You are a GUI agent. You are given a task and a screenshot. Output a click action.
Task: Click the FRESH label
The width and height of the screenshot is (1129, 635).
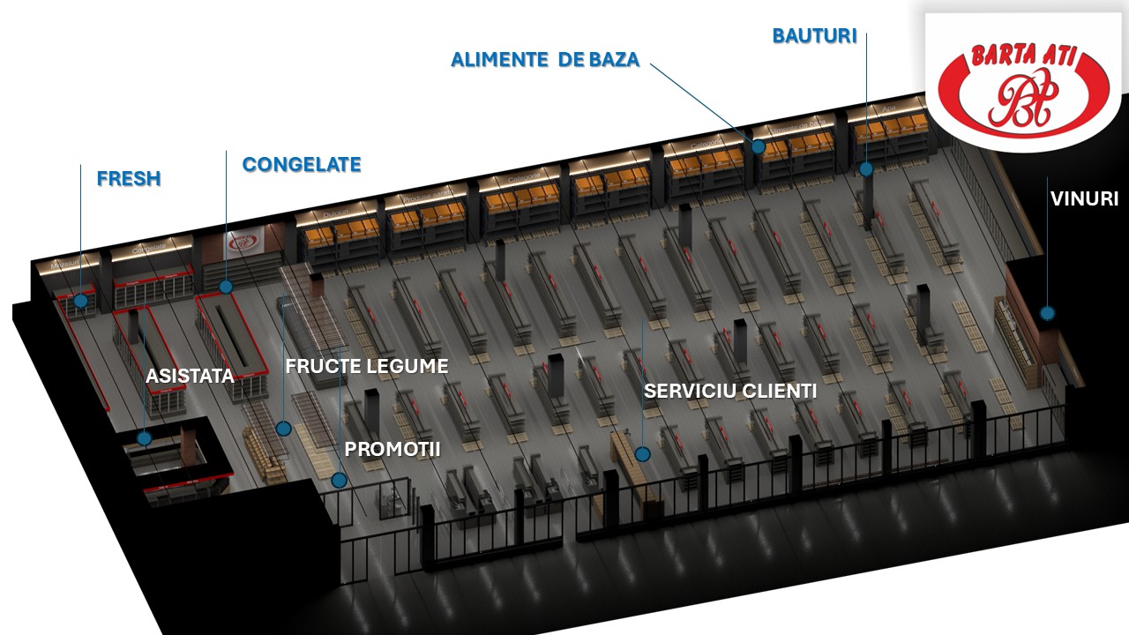(x=129, y=178)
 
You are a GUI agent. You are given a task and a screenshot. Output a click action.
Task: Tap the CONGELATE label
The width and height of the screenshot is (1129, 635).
(x=302, y=164)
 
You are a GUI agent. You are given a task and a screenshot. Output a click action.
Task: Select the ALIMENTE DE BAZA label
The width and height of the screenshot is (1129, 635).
(x=545, y=60)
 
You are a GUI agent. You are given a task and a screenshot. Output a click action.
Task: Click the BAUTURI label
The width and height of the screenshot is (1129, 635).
(x=815, y=36)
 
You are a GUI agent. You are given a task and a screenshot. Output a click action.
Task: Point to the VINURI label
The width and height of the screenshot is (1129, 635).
(x=1084, y=199)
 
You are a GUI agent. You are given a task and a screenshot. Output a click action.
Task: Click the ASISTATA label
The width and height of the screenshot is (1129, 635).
(x=190, y=377)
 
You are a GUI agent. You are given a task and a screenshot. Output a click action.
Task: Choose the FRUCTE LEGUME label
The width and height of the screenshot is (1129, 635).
(x=367, y=366)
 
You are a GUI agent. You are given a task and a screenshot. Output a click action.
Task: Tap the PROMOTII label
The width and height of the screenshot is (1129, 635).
(x=393, y=449)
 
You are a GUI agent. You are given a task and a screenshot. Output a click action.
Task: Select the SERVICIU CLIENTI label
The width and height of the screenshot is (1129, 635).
(x=730, y=391)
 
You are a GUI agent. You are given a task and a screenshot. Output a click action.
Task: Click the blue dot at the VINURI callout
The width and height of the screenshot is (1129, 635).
(x=1047, y=312)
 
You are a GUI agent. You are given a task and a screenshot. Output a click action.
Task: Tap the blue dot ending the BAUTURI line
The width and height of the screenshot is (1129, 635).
(x=866, y=168)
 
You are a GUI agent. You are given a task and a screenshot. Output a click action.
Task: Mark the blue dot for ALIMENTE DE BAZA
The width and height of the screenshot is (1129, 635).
(x=758, y=146)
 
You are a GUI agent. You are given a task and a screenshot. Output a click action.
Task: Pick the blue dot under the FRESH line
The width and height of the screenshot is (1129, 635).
(x=81, y=301)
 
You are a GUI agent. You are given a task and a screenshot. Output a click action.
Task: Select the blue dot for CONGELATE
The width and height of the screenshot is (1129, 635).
(x=226, y=287)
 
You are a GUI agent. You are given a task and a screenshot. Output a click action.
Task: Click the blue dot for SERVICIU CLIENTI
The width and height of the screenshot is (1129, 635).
(x=642, y=454)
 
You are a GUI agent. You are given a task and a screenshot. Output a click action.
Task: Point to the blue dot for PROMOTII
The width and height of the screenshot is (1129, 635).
(x=340, y=481)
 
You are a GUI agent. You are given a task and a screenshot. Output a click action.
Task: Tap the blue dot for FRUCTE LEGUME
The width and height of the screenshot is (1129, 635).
(x=283, y=429)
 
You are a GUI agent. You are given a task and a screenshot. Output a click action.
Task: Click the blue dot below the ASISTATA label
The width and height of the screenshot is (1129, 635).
(x=144, y=437)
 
